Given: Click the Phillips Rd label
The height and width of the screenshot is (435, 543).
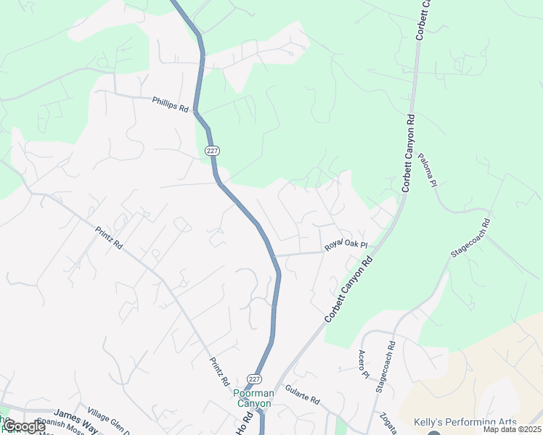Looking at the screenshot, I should coord(171,104).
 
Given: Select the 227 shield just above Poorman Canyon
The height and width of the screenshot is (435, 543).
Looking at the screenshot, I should coord(253,379).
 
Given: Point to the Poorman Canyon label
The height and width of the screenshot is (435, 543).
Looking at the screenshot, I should coord(253,398).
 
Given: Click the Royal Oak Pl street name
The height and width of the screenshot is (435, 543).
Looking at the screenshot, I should coord(347,246).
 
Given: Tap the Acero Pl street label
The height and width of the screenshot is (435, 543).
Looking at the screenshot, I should coord(364,363).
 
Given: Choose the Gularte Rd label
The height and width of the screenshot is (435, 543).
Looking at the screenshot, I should coord(302,394).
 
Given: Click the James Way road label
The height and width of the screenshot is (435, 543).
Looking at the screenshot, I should coord(71,417).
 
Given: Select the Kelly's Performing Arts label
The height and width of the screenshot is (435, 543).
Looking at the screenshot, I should coord(465,422).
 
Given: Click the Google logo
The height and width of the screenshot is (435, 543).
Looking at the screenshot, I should coord(25,426).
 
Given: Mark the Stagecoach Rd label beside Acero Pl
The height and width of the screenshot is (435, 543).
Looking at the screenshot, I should coord(385,367).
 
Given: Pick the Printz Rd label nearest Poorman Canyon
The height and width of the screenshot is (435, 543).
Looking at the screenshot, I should coord(219,370).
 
